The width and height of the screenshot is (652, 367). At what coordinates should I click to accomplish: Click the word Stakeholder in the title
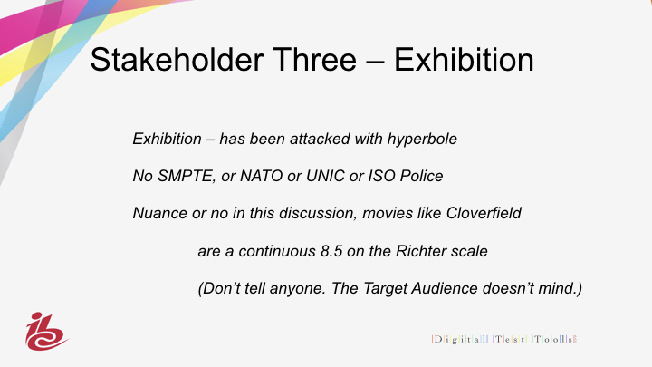(177, 60)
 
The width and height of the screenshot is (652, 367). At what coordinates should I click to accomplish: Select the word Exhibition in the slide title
(464, 60)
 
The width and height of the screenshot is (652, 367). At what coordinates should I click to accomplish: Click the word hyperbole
(422, 140)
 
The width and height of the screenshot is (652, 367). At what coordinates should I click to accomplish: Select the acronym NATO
(262, 176)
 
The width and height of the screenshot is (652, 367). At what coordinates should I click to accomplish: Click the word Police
(421, 176)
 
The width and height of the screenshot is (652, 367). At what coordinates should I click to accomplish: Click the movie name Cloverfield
(484, 213)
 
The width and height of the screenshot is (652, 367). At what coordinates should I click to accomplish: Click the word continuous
(277, 252)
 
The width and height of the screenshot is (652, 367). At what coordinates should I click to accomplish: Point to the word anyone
(297, 289)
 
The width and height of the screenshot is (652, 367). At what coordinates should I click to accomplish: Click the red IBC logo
(46, 332)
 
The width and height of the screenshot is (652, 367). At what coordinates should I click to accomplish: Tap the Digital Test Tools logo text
(504, 339)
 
